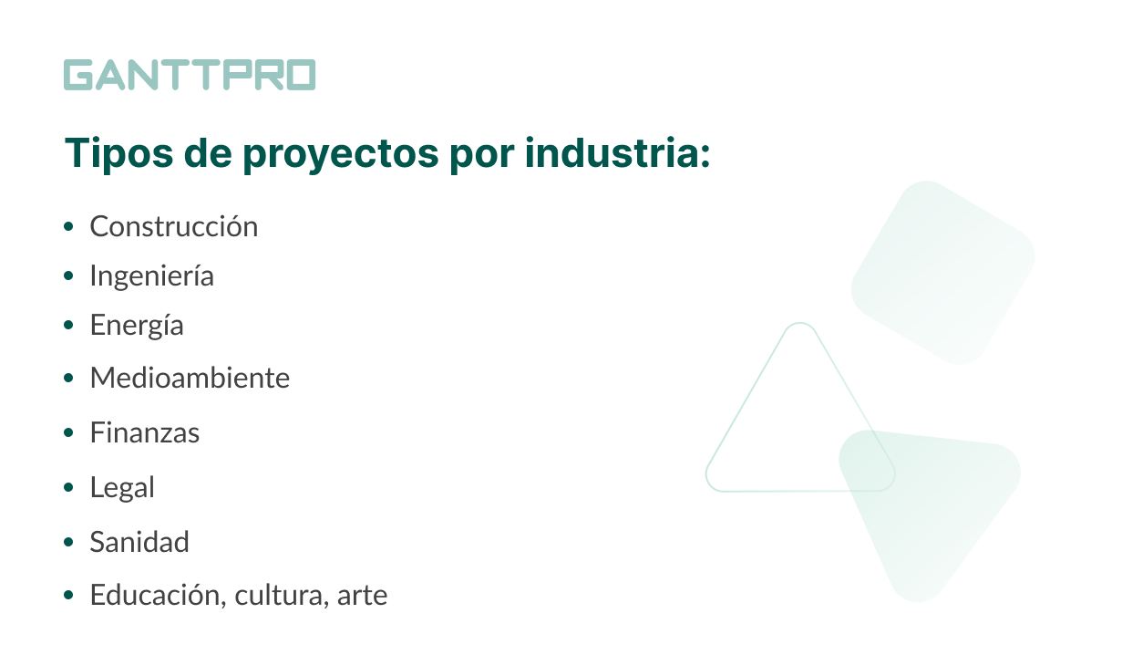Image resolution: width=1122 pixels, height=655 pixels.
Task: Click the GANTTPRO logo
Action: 190,75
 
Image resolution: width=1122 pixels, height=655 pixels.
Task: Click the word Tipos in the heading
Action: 119,154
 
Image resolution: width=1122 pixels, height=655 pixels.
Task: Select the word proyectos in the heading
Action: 341,155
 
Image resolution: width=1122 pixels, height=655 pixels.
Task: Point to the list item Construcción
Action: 174,226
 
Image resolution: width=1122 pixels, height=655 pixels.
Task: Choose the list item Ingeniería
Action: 152,276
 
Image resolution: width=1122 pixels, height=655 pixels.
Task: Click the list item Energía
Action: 137,325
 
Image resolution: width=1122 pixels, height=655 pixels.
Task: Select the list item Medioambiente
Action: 190,378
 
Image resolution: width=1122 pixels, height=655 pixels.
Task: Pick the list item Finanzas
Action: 145,432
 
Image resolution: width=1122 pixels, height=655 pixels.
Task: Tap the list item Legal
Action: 122,487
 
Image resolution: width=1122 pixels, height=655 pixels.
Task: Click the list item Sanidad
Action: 139,542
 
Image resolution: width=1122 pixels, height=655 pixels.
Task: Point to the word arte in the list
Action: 362,596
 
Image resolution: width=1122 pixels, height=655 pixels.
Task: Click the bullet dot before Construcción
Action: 68,226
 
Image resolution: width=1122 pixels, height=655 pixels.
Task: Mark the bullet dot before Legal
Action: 68,487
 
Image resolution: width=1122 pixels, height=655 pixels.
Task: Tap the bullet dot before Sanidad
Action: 68,542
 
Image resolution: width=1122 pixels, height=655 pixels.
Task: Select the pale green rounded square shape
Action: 943,273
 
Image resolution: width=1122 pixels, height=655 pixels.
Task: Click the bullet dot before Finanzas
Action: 68,432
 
